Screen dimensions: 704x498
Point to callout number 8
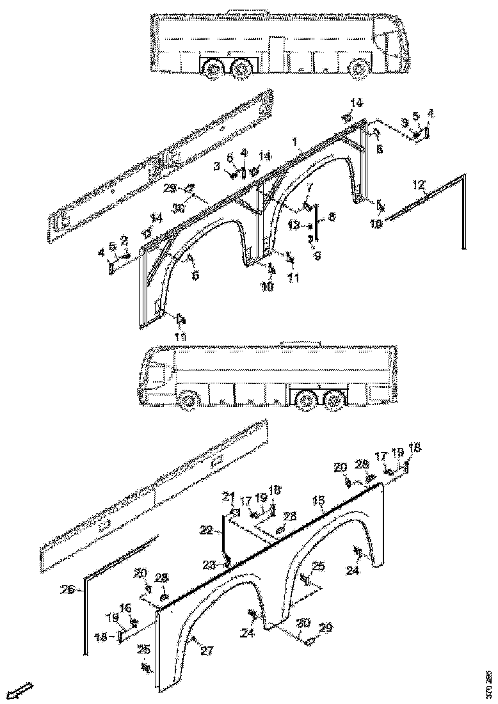pos(331,218)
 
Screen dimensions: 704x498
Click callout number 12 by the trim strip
pos(417,185)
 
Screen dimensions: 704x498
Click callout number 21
pos(228,496)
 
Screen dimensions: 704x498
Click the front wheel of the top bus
pos(359,67)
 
